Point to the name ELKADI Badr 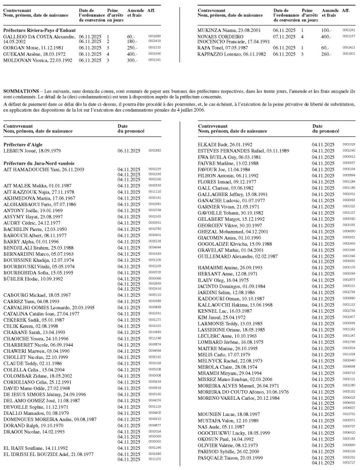[x=210, y=144]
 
